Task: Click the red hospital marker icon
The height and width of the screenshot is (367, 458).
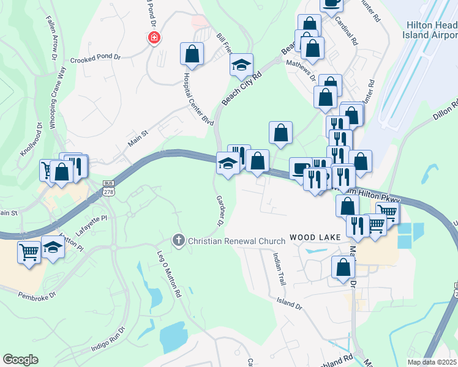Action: click(x=154, y=38)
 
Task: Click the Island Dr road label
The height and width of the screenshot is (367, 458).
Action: click(x=289, y=303)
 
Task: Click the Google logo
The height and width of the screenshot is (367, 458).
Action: click(x=20, y=360)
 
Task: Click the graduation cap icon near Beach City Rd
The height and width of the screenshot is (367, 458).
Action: click(x=241, y=64)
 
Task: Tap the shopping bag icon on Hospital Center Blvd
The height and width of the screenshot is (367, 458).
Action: click(x=192, y=53)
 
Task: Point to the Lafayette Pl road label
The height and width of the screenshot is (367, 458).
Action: click(x=91, y=224)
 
